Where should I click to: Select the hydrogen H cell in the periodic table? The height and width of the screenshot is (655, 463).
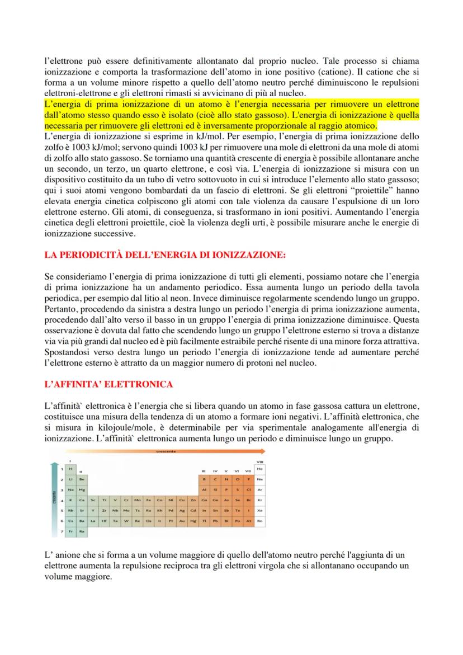tap(70, 468)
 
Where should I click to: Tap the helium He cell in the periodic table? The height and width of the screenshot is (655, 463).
tap(259, 468)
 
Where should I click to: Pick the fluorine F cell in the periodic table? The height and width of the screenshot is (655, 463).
tap(248, 478)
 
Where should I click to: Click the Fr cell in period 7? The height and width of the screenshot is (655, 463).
tap(70, 530)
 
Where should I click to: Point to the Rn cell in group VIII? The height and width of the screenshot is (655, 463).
tap(259, 520)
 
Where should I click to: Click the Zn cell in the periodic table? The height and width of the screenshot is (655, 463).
tap(192, 499)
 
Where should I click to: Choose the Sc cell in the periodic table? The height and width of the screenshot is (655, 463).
tap(93, 499)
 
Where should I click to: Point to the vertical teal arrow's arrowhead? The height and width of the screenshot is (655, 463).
tap(54, 464)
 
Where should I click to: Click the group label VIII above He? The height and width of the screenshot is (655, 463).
tap(259, 461)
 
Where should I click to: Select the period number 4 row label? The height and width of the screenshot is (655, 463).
tap(63, 499)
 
